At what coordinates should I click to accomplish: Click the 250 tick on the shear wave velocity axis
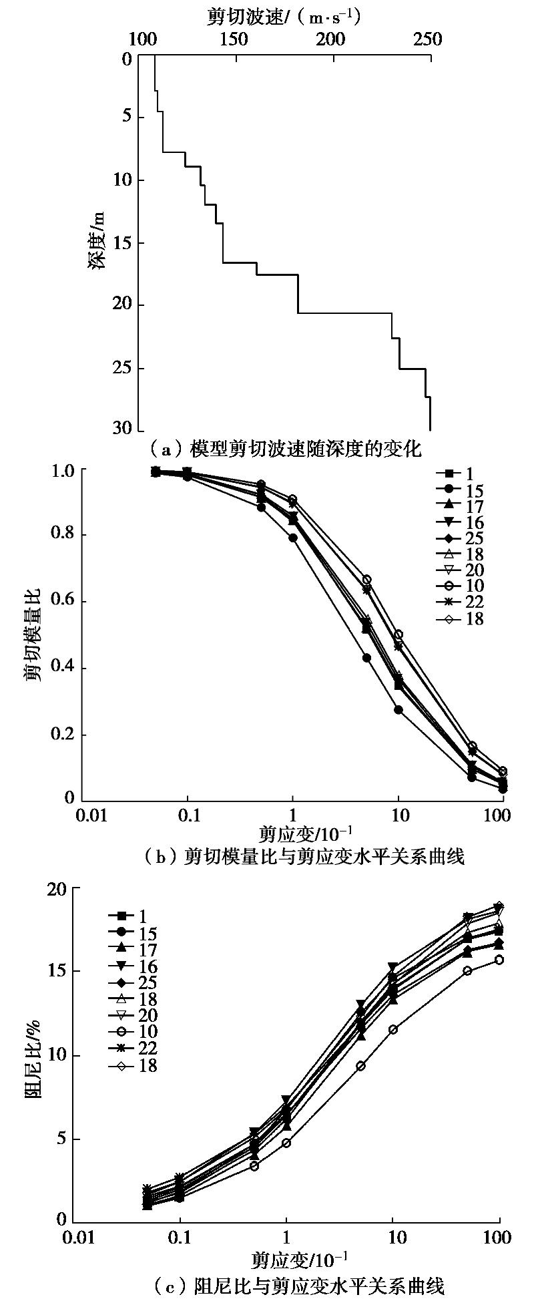tap(427, 39)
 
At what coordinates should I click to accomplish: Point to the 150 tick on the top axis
tap(233, 39)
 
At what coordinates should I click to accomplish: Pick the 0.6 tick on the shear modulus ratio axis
tap(63, 602)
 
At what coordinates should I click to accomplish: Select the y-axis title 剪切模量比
tap(32, 634)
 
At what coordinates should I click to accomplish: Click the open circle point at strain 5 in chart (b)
tap(366, 580)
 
